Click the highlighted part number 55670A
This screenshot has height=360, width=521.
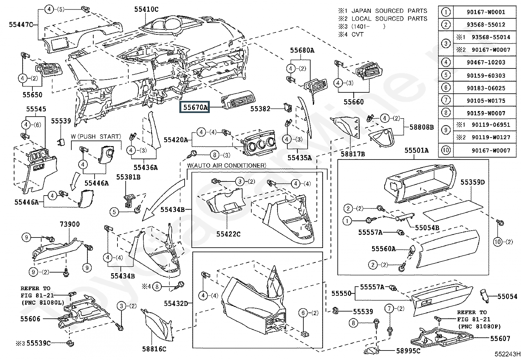click(195, 107)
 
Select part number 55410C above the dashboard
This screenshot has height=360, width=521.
click(146, 9)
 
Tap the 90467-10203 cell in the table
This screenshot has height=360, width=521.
click(486, 63)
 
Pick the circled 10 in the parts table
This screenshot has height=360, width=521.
click(446, 150)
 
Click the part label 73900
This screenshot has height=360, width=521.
click(70, 224)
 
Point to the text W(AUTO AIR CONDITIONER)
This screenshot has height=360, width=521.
click(226, 165)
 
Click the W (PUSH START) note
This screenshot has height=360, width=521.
click(96, 137)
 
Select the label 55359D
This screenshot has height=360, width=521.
click(473, 182)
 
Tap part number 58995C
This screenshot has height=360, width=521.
click(408, 351)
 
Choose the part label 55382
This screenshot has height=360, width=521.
click(260, 109)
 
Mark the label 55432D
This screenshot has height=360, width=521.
click(176, 303)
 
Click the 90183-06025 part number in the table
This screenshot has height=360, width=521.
click(486, 88)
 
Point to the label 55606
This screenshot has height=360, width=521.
click(30, 319)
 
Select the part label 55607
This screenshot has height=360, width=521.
click(500, 338)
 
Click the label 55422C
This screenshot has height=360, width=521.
click(228, 234)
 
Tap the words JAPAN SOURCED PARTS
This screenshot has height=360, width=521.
click(389, 11)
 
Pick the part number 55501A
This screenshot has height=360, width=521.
click(416, 150)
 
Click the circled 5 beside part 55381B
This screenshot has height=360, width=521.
click(114, 212)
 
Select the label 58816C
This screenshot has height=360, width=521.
click(154, 349)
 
